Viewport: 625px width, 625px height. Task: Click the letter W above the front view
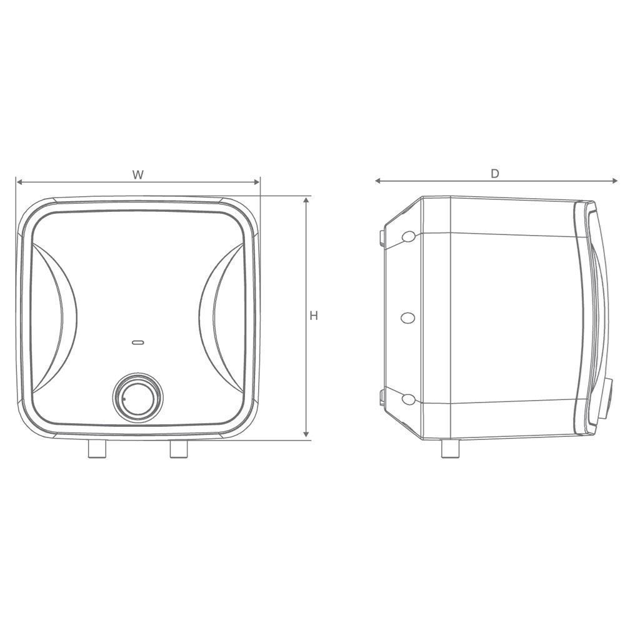tap(138, 174)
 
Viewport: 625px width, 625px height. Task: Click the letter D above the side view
tap(494, 174)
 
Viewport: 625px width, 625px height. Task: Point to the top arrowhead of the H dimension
tap(306, 200)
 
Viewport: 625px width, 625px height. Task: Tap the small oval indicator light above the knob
tap(138, 342)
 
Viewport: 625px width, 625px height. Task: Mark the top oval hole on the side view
tap(408, 236)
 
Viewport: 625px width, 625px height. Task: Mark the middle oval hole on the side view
tap(407, 317)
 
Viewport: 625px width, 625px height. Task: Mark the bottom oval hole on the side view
tap(408, 399)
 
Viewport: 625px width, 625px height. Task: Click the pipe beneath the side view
tap(449, 448)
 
